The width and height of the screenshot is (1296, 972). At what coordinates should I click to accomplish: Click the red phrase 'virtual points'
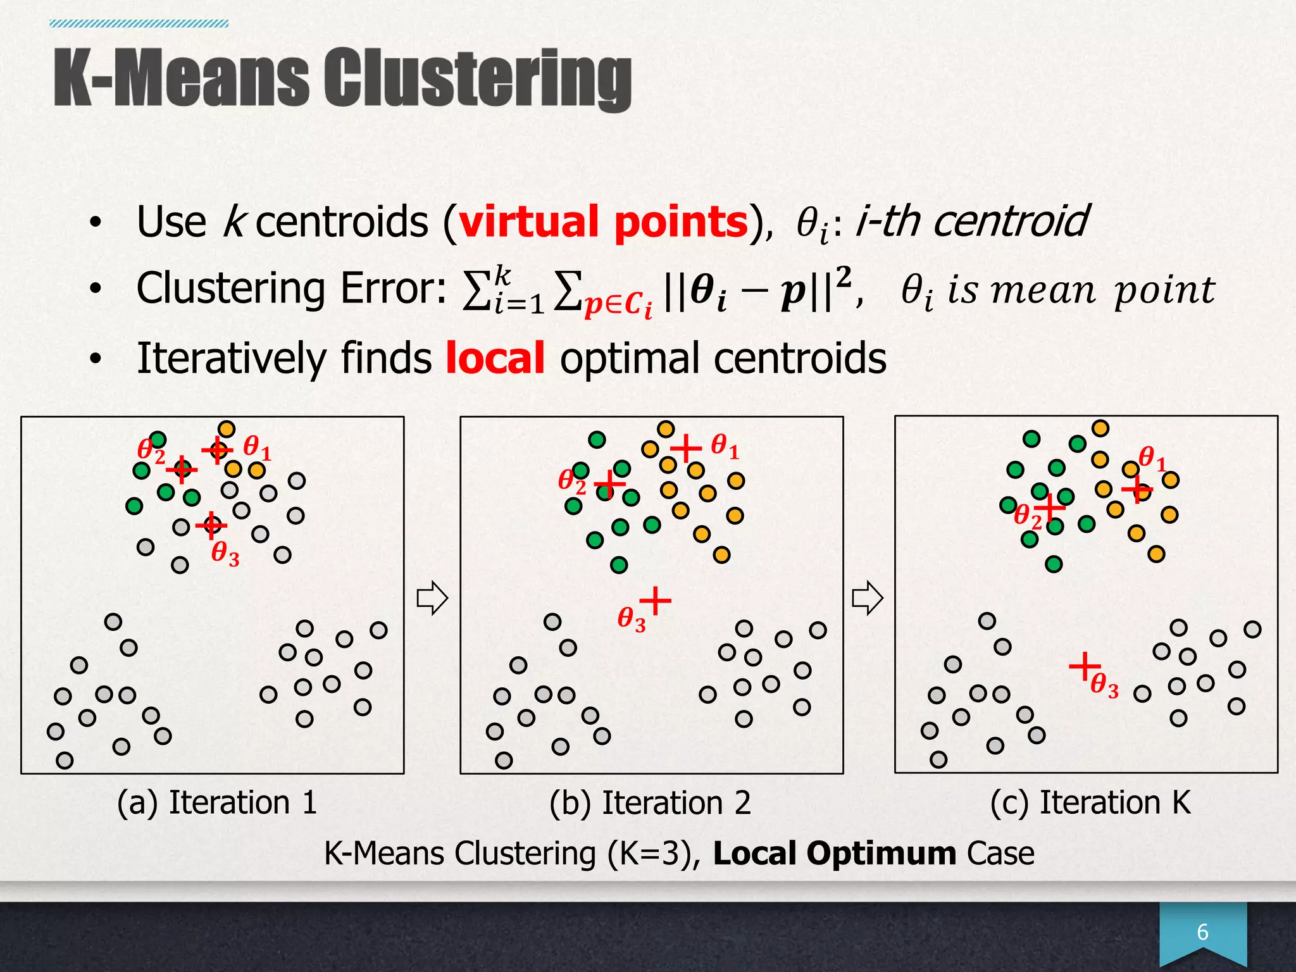coord(603,222)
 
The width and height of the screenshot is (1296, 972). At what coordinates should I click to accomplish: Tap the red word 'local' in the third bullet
coord(495,358)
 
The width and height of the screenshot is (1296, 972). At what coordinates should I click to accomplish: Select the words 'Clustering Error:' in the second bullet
coord(292,289)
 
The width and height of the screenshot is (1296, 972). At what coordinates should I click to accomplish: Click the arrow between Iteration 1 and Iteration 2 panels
coord(432,598)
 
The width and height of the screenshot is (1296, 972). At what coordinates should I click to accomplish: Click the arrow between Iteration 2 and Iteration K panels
coord(867,598)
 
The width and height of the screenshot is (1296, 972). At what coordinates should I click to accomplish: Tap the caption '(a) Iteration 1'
coord(216,802)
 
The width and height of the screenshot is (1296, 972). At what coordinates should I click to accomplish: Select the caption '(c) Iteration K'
coord(1090,802)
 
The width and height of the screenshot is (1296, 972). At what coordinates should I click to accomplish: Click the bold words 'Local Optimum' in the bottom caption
coord(834,853)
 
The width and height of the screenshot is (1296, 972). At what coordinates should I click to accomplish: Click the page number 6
coord(1202,932)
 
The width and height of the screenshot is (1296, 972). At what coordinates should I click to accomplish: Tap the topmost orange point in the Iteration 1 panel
coord(226,429)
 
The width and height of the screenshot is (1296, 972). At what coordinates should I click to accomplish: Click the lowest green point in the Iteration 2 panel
coord(619,564)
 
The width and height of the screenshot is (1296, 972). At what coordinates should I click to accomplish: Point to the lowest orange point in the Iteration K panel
coord(1156,554)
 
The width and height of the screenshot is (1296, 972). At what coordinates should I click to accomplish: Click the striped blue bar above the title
coord(139,24)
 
